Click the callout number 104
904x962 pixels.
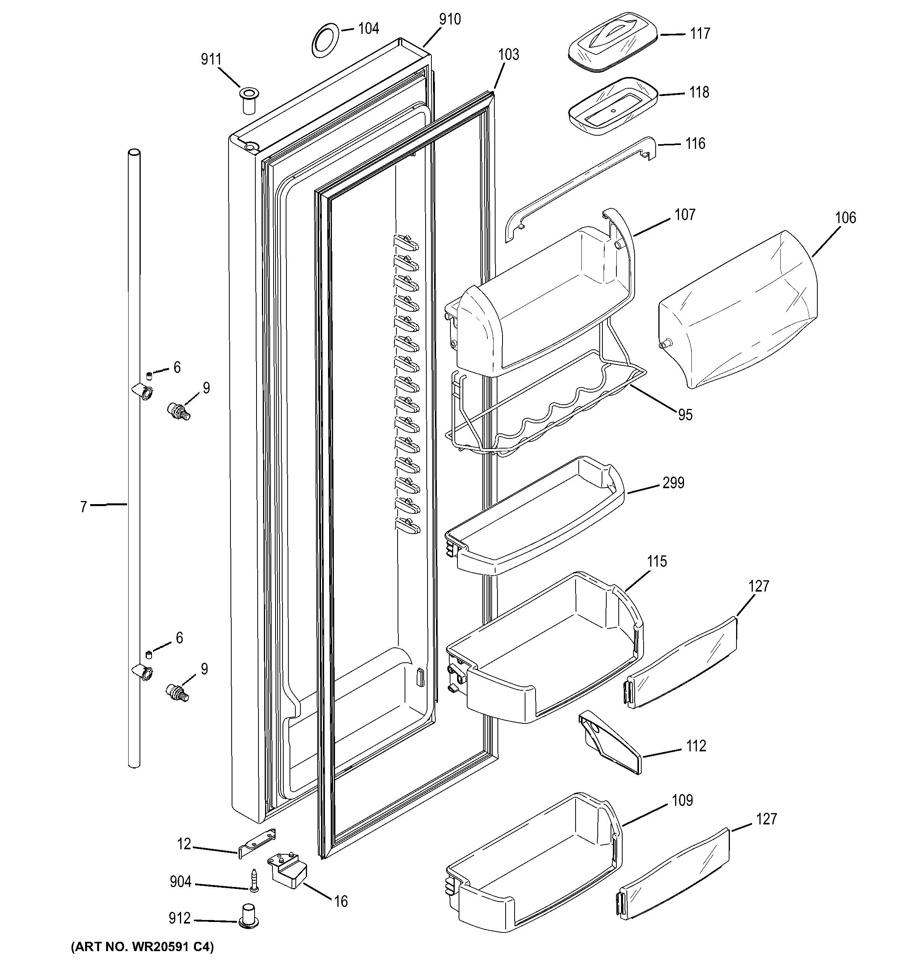(368, 29)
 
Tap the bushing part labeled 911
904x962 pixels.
(249, 100)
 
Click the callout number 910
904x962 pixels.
(450, 19)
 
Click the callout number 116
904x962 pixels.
(695, 144)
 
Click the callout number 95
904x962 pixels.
(685, 415)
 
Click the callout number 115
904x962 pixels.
(657, 561)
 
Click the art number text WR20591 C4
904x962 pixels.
(142, 946)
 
